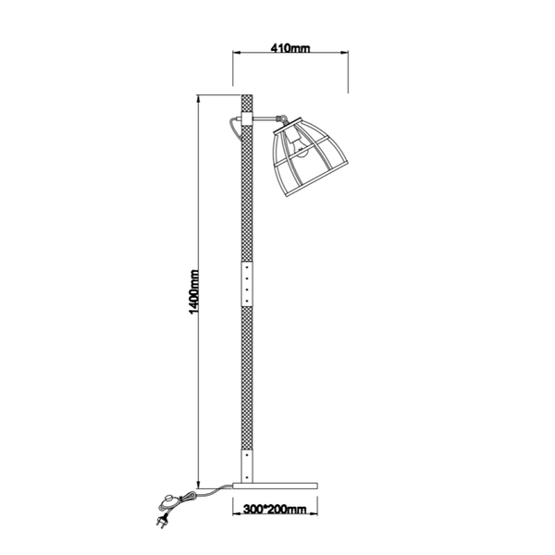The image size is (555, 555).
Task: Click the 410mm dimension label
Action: [289, 47]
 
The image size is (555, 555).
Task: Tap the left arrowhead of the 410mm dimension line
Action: [235, 55]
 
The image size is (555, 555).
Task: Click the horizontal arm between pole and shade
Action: [265, 117]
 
